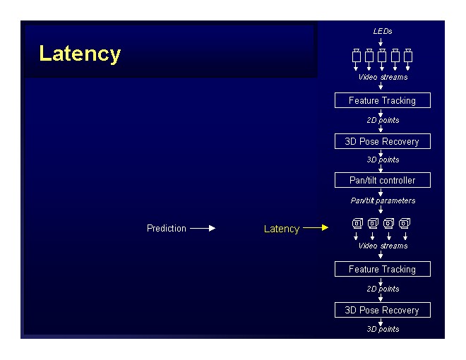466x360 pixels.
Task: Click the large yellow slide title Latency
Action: click(x=80, y=54)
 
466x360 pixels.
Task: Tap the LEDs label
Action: click(x=383, y=31)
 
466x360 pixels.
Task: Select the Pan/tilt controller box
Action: click(x=382, y=180)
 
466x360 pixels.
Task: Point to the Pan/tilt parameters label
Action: click(x=383, y=200)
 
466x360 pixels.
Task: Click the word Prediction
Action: click(x=167, y=228)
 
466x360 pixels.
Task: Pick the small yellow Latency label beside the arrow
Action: click(x=282, y=229)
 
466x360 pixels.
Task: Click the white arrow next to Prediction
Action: click(x=202, y=228)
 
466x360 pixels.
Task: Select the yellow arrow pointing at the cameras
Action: click(x=316, y=228)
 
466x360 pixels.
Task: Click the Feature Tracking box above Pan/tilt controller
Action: click(x=382, y=100)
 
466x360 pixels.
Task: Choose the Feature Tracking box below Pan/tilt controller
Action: click(x=382, y=269)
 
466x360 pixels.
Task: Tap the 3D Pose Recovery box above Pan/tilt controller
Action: click(x=382, y=141)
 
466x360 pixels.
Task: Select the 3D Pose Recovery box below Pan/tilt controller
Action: click(x=382, y=310)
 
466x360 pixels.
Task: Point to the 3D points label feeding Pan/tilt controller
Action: click(x=383, y=160)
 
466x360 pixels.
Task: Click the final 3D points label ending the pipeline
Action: click(x=383, y=329)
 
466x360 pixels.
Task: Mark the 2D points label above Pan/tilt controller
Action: click(x=383, y=120)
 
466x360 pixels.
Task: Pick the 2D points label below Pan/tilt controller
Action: click(x=383, y=289)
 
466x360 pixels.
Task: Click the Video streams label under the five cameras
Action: click(x=383, y=77)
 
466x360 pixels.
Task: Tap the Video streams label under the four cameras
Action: click(x=383, y=246)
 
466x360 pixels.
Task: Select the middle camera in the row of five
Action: click(x=382, y=55)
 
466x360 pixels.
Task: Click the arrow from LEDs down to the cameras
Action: click(x=381, y=42)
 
